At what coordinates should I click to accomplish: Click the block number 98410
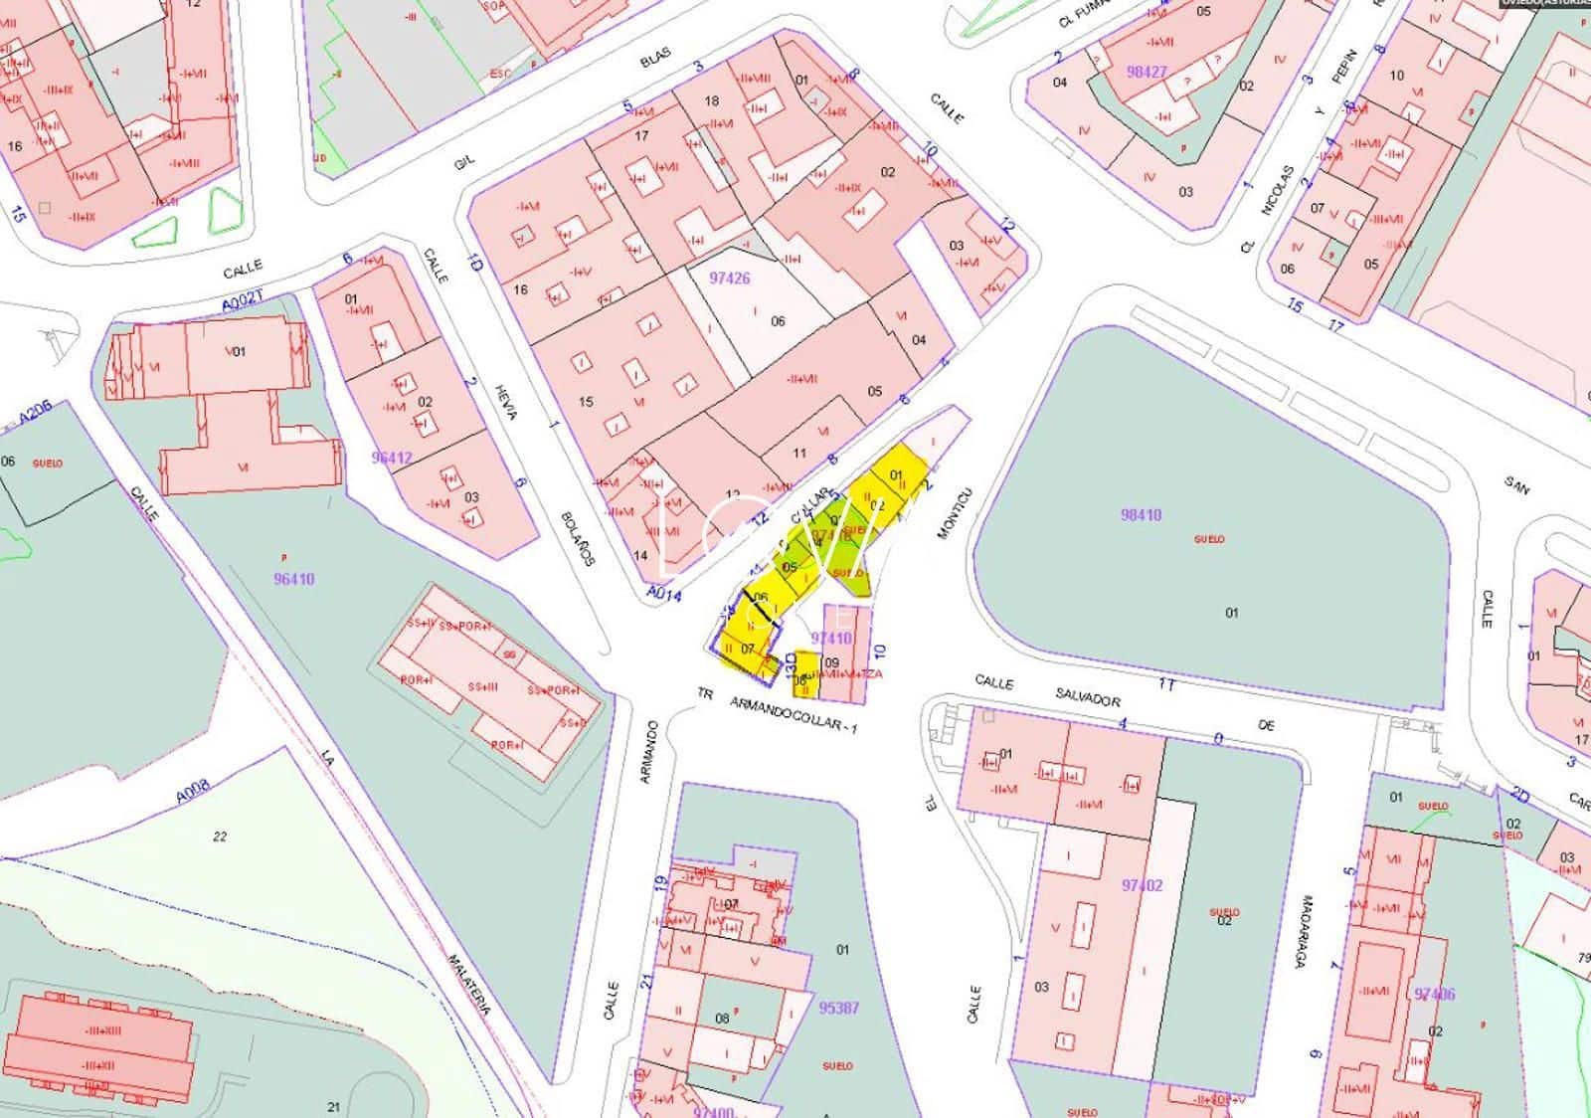click(x=1141, y=515)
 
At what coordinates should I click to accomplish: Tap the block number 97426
click(x=729, y=279)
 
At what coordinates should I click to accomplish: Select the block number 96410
click(x=294, y=578)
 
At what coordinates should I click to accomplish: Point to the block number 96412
click(x=392, y=458)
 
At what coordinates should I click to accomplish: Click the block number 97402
click(x=1142, y=885)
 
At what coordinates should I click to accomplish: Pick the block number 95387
click(x=838, y=1008)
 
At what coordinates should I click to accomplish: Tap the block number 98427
click(x=1147, y=72)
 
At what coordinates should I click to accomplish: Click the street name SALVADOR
click(x=1089, y=700)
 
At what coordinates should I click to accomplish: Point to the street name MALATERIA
click(x=468, y=985)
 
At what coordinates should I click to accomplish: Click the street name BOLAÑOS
click(x=577, y=538)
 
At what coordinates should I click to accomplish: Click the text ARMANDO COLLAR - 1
click(x=793, y=713)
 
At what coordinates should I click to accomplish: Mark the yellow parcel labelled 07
click(x=747, y=650)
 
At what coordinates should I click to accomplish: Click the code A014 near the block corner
click(x=663, y=594)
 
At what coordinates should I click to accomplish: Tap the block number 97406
click(x=1434, y=994)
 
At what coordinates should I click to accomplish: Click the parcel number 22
click(x=220, y=837)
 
